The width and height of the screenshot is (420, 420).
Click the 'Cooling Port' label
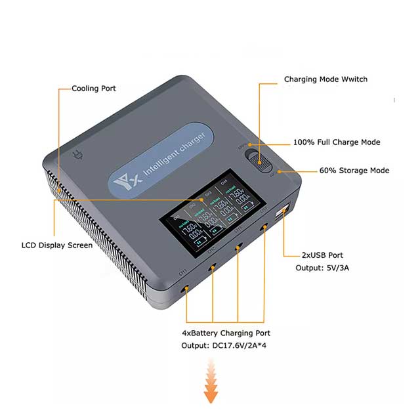pyautogui.click(x=94, y=88)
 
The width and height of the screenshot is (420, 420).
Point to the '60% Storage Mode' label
pyautogui.click(x=354, y=171)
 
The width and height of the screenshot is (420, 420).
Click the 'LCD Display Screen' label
pyautogui.click(x=57, y=245)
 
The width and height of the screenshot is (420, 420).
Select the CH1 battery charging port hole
pyautogui.click(x=186, y=289)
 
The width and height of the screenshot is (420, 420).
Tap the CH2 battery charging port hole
pyautogui.click(x=213, y=267)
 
